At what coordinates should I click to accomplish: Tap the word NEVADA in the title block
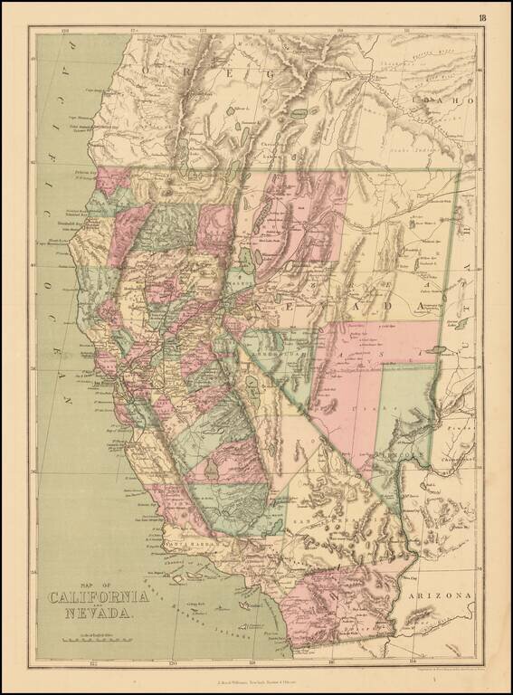pos(99,614)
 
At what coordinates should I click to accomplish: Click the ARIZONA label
pos(441,596)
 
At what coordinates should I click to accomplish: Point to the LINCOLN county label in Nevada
pos(404,450)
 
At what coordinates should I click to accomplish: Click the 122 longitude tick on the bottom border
pos(92,662)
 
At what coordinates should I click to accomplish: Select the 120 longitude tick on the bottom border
pos(171,662)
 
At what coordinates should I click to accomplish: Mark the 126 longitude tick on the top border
pos(66,30)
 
